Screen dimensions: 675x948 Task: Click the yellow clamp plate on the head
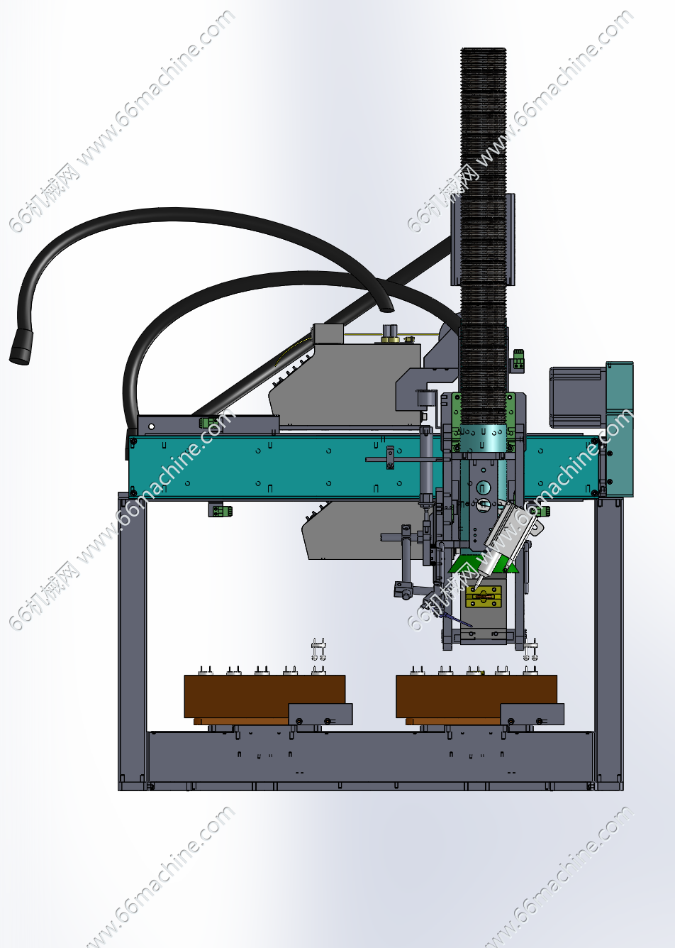pyautogui.click(x=483, y=596)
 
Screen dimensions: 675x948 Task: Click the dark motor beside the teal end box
pyautogui.click(x=578, y=397)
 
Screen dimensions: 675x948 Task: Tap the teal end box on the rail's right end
pyautogui.click(x=619, y=429)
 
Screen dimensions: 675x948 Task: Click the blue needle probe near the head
pyautogui.click(x=457, y=620)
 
